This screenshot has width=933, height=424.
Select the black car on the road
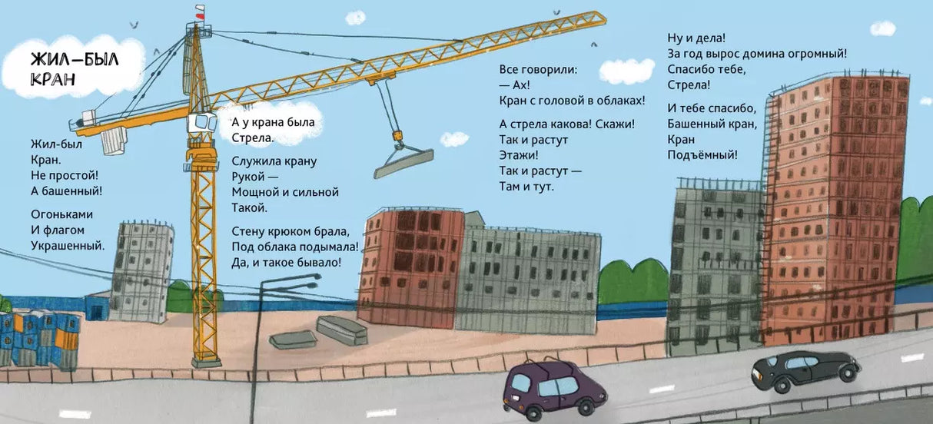(804, 366)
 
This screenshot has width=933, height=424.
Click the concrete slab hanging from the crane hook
(403, 162)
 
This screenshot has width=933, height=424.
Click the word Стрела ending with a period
(253, 138)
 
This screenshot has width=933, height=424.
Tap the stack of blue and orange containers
(38, 336)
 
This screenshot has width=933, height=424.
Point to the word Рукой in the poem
(247, 177)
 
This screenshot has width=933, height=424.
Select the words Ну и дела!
(697, 38)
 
